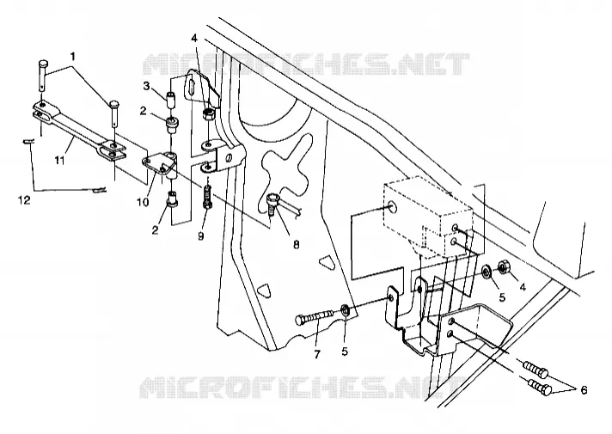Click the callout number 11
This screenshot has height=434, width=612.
[x=59, y=160]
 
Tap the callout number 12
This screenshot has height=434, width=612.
[x=24, y=200]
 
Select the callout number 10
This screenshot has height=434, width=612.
[x=143, y=203]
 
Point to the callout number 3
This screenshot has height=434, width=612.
[x=146, y=86]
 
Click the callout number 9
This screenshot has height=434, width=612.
[x=200, y=235]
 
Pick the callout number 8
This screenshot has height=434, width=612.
[x=296, y=245]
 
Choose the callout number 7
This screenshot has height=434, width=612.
[x=317, y=354]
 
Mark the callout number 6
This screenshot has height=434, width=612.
[x=584, y=390]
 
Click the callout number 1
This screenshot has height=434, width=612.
[x=72, y=57]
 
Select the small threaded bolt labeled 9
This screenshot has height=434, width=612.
[x=207, y=198]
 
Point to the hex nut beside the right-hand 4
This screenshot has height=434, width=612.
[x=503, y=268]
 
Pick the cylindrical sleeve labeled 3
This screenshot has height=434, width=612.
[x=171, y=99]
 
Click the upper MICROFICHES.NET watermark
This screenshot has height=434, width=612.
[x=306, y=64]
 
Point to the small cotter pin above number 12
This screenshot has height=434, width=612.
[x=28, y=141]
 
